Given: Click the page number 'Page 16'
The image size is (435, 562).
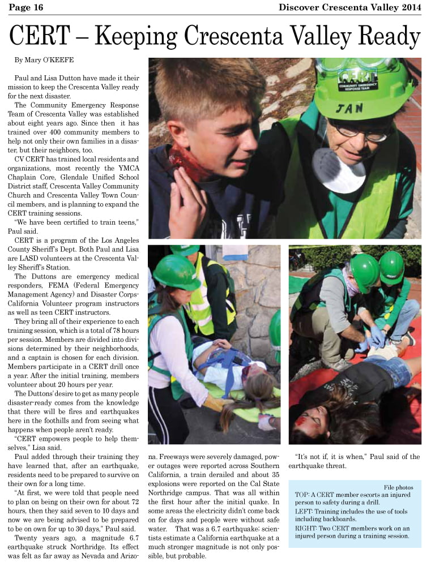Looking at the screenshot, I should click(26, 7).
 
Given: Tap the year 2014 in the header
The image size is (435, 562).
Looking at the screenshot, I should click(411, 7).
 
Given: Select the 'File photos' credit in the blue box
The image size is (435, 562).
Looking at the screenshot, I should click(398, 487).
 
